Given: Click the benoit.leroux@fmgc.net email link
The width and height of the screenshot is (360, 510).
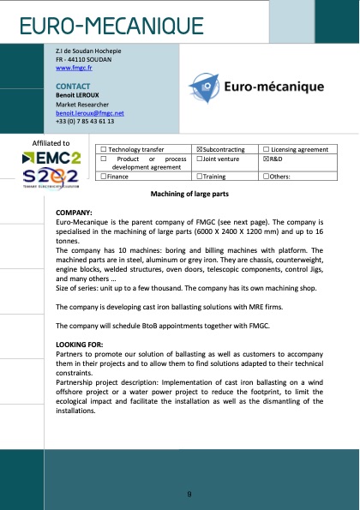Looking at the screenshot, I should tap(90, 112).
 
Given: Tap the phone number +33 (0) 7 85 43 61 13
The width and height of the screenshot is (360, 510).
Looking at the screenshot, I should tap(85, 121).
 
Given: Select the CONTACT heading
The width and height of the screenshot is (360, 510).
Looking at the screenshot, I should tap(73, 87).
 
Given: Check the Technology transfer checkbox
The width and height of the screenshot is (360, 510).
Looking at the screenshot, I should tap(104, 149).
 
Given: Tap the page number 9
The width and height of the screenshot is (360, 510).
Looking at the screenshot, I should tap(189, 495).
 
